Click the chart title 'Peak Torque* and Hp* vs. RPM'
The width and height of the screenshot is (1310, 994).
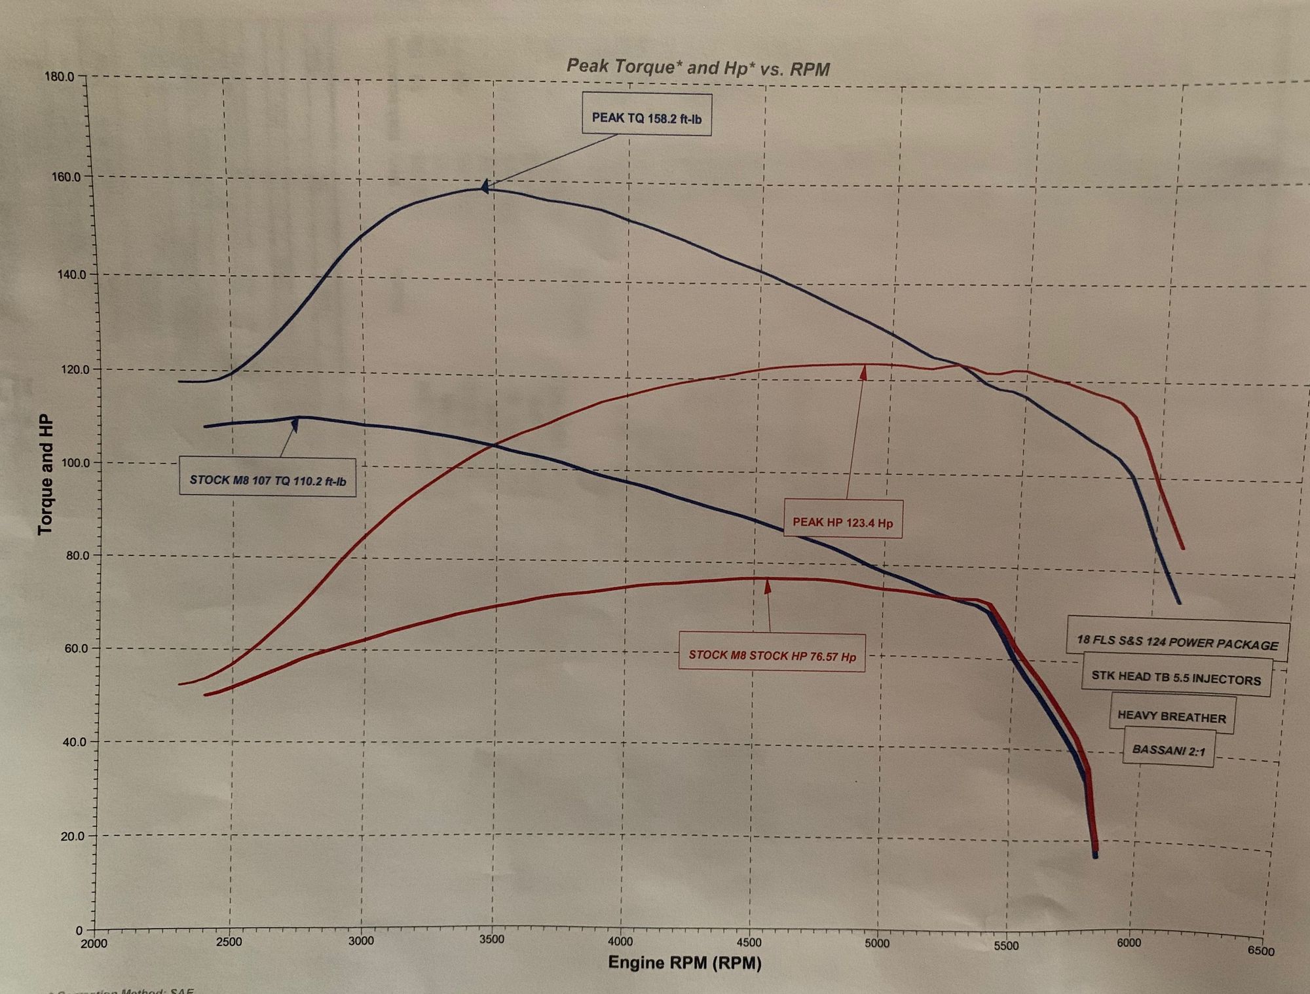click(x=698, y=67)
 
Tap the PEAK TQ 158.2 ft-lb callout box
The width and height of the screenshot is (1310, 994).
click(x=646, y=118)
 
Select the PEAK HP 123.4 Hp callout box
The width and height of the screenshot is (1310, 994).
click(x=842, y=522)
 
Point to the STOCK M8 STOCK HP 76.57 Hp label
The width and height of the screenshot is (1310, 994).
click(x=772, y=655)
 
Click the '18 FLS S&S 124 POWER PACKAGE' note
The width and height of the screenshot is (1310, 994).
click(x=1177, y=641)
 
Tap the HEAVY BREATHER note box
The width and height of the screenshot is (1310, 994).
click(x=1171, y=716)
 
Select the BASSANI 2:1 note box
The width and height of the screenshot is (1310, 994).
click(x=1169, y=750)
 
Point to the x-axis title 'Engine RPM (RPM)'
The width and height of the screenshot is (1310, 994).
click(x=684, y=963)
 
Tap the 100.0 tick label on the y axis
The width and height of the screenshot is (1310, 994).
click(x=62, y=462)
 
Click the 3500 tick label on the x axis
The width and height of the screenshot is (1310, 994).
click(x=491, y=940)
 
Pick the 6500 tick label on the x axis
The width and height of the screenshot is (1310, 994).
click(x=1260, y=951)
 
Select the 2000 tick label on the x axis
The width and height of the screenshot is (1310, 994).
click(x=94, y=944)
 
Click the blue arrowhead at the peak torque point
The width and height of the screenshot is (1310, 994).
click(x=484, y=187)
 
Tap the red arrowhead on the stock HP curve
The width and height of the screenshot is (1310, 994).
click(x=768, y=586)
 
